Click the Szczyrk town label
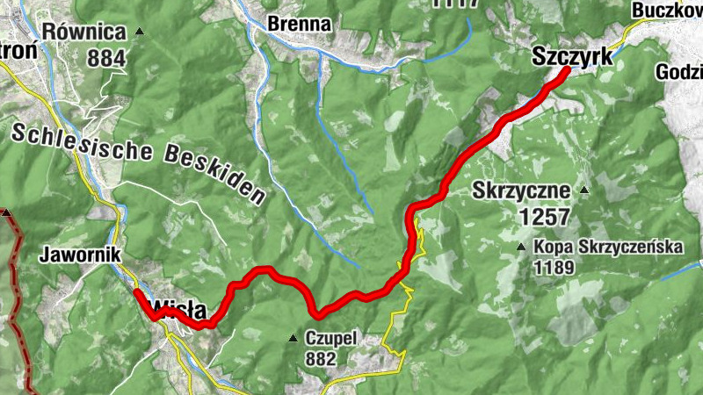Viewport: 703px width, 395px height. pos(572,56)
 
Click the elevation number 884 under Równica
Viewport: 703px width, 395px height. pos(106,58)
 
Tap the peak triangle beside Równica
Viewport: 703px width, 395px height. pos(138,32)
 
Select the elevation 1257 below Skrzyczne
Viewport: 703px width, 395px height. pos(544,216)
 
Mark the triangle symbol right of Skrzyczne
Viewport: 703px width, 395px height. pos(583,190)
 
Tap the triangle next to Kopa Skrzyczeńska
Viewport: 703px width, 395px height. pos(522,248)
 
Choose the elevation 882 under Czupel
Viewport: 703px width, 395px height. pos(320,358)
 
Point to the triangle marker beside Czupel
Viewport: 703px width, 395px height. pos(294,338)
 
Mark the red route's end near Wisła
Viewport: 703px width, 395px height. pos(137,291)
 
